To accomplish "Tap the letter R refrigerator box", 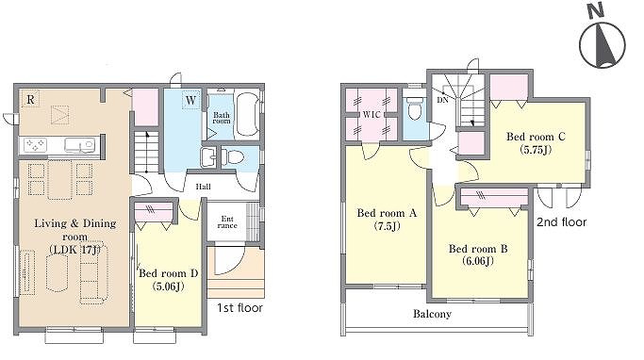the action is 30,99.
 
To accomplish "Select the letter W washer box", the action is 190,100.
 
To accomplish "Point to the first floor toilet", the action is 233,156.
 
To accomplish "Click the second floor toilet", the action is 414,109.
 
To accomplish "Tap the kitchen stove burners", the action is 35,145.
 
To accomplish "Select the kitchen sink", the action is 80,145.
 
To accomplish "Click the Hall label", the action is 203,187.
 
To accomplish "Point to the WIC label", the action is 372,115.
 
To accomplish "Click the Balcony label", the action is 432,314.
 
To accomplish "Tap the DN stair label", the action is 442,100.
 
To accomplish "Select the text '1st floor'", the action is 239,308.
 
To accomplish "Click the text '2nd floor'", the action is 561,222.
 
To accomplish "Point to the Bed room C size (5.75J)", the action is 536,150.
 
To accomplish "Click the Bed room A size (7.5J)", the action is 387,226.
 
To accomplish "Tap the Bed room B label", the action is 478,249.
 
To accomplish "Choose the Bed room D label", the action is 169,273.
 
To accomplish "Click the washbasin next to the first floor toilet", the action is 209,157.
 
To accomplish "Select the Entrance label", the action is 227,222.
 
